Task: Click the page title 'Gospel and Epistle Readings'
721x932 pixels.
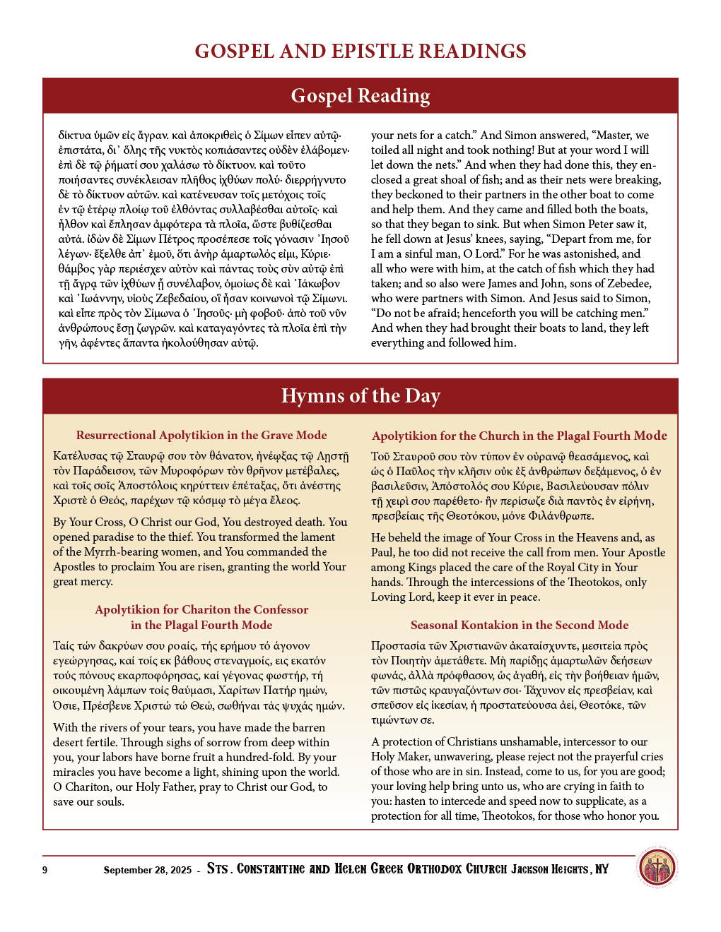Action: [x=360, y=52]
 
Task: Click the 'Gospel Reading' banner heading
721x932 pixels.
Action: [x=360, y=96]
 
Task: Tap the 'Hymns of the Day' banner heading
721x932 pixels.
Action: [x=360, y=396]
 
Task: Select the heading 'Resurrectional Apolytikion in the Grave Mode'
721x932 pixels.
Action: [x=201, y=436]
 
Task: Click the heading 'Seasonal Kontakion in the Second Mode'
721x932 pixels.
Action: [x=520, y=626]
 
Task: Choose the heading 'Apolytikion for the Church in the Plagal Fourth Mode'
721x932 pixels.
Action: [x=520, y=436]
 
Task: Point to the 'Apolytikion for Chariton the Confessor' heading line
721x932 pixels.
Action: [x=201, y=610]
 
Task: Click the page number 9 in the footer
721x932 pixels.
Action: [x=45, y=870]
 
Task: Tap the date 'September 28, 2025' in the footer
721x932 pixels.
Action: [x=147, y=870]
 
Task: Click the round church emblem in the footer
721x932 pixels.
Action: [x=657, y=868]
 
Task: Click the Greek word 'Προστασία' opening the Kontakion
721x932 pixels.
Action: [x=398, y=646]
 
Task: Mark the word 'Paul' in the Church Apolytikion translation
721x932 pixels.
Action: [x=382, y=553]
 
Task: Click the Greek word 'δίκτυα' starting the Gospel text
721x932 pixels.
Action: [x=74, y=136]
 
